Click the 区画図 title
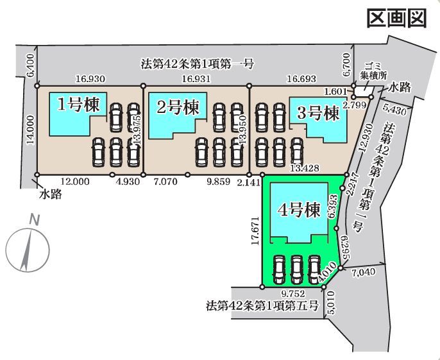pos(397,18)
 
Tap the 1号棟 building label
pos(78,106)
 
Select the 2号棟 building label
pos(178,107)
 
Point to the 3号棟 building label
pos(318,114)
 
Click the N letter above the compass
pos(35,220)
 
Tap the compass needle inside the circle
pos(26,250)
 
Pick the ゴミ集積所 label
pos(373,72)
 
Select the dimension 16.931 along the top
pos(196,79)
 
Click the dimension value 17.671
pos(255,231)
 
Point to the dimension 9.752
pos(293,294)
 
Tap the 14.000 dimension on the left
pos(31,130)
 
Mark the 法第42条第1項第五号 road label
pos(262,305)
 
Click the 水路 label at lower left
pos(51,194)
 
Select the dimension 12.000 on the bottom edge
pos(75,182)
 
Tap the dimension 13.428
pos(305,168)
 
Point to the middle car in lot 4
pos(296,270)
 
